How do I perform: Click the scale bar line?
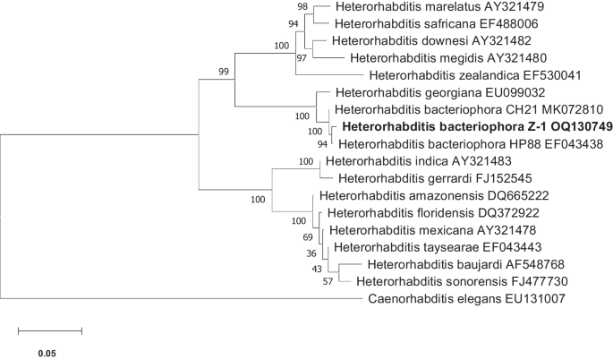tap(50, 331)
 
